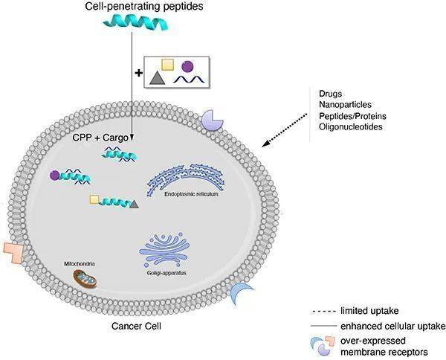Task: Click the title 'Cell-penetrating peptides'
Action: pos(144,6)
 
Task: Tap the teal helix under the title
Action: pos(136,23)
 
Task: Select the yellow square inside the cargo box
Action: pos(167,65)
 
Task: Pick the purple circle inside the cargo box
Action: pos(187,67)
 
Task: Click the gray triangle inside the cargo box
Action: pos(158,78)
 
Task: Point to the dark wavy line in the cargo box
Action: pos(189,80)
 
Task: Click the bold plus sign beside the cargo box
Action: pos(138,73)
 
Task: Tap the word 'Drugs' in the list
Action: pos(330,94)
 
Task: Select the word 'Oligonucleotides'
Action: pos(350,126)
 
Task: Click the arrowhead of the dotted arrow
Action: pos(265,144)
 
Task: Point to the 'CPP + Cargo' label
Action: pos(100,138)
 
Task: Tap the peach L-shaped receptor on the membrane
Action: pos(13,253)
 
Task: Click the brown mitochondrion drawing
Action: pos(85,278)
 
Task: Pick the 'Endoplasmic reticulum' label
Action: pos(191,194)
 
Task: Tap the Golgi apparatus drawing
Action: pos(165,249)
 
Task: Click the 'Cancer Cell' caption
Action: pos(136,326)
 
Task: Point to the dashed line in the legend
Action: pos(323,312)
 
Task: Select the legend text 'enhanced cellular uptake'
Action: pos(392,326)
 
